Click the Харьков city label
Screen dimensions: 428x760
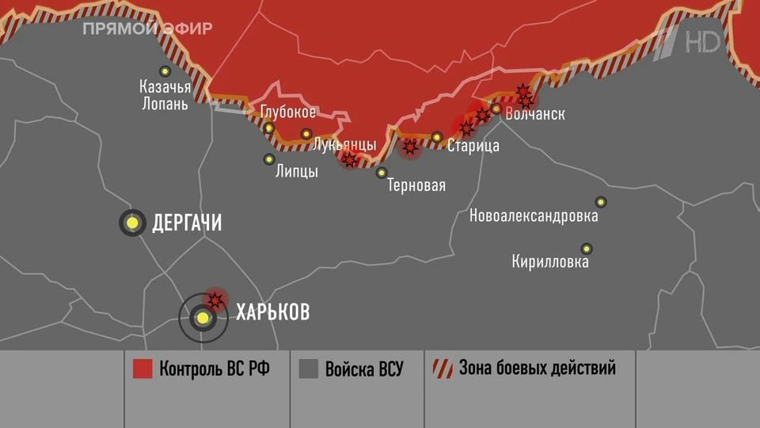pos(272,311)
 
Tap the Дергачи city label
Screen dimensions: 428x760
pos(186,224)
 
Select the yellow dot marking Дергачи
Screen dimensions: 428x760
pos(133,223)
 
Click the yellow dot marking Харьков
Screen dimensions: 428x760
pos(203,318)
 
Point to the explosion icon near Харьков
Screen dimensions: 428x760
pos(215,299)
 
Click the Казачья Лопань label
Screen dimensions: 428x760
pos(164,95)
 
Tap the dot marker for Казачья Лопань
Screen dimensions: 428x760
pos(165,71)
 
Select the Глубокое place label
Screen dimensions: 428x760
pos(288,113)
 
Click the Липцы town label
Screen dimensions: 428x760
pos(296,171)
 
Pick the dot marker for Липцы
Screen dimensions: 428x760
pos(269,159)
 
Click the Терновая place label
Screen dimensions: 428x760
pos(416,186)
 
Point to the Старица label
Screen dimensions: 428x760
pos(473,146)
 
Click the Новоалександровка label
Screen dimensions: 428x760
pos(534,216)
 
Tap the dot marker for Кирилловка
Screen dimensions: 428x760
pos(587,248)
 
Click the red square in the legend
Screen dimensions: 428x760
pos(142,369)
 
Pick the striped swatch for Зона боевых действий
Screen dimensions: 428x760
pos(441,369)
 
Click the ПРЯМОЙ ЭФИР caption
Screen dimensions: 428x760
pos(148,29)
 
